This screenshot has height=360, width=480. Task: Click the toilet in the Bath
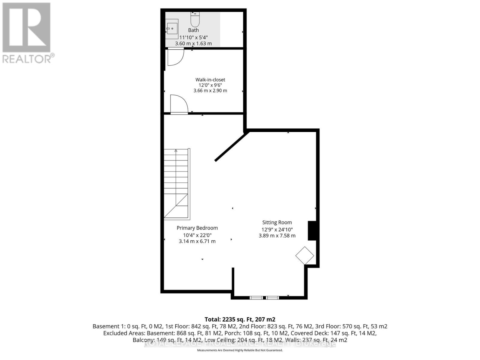click(195, 19)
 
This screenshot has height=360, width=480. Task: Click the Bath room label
click(193, 30)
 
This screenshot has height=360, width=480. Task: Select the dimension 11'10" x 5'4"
click(193, 37)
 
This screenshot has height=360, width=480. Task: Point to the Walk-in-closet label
click(210, 80)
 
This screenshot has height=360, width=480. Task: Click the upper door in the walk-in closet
click(175, 57)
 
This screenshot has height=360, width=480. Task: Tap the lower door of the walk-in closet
click(179, 104)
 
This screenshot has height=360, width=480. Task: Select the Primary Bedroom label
click(197, 228)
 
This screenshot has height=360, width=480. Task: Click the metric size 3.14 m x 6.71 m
click(197, 241)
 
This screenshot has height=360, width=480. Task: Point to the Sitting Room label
click(277, 223)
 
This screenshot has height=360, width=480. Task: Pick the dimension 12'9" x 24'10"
click(277, 229)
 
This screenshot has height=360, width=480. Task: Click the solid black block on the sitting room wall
click(312, 230)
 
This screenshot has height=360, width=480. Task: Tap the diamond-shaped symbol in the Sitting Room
click(304, 256)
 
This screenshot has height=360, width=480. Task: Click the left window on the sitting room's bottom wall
click(256, 298)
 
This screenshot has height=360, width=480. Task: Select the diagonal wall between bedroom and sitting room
click(232, 146)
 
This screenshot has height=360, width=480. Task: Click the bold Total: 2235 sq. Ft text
click(240, 319)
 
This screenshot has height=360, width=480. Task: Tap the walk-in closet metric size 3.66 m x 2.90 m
click(210, 91)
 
